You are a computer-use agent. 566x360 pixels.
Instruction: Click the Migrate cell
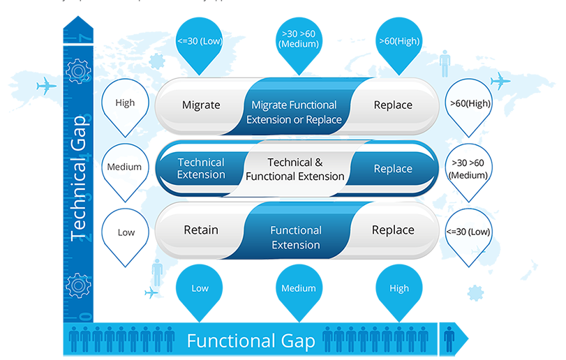pos(201,105)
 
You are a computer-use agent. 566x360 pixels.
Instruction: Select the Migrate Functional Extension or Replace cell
pos(294,112)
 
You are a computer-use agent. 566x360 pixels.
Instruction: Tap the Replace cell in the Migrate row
pos(393,105)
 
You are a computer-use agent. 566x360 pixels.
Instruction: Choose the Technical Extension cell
pos(201,169)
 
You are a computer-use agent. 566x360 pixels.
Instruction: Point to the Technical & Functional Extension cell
pos(295,170)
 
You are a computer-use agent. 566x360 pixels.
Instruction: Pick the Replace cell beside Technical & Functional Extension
pos(393,169)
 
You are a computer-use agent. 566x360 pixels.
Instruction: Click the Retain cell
pos(201,230)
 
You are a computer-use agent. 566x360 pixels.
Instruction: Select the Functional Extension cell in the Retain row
pos(295,237)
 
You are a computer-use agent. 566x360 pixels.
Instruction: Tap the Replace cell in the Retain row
pos(393,230)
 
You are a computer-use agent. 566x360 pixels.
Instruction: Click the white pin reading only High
pos(126,103)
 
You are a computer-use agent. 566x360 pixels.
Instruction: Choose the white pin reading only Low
pos(126,232)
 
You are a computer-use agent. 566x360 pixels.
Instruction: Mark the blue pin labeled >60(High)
pos(399,42)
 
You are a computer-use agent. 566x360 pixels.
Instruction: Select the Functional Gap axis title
pos(251,342)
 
